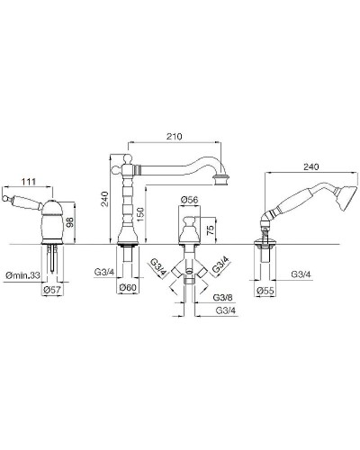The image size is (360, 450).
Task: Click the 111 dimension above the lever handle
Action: coord(29,182)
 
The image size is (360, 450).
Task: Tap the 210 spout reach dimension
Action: coord(175,137)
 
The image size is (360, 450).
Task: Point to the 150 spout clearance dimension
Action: coord(140,214)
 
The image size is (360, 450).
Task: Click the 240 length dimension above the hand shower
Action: coord(311,166)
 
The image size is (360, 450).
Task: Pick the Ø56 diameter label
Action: coord(190,200)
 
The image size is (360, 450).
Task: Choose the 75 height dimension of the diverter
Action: coord(211,229)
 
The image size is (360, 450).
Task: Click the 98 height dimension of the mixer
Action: coord(69,223)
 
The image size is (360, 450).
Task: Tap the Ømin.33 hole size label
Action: coord(22,275)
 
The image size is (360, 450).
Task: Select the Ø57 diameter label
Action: coord(52,290)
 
